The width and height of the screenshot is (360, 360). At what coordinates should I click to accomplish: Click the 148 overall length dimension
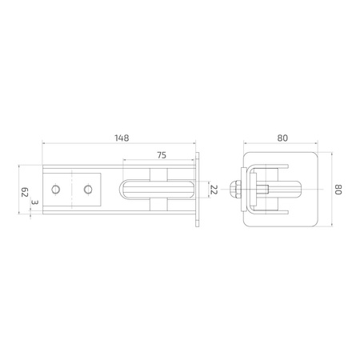(x=122, y=138)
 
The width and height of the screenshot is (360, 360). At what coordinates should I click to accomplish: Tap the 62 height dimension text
(x=24, y=191)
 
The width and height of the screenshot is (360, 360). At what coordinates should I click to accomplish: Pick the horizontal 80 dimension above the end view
(x=282, y=138)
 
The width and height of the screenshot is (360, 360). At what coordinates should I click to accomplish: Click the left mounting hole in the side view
(x=56, y=190)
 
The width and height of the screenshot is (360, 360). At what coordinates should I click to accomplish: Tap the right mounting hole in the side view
(x=88, y=190)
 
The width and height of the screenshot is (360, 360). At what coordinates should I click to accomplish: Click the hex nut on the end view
(x=236, y=190)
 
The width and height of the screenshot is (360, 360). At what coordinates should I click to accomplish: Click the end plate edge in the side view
(x=197, y=190)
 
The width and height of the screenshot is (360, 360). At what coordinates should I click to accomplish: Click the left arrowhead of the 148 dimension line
(x=45, y=145)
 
